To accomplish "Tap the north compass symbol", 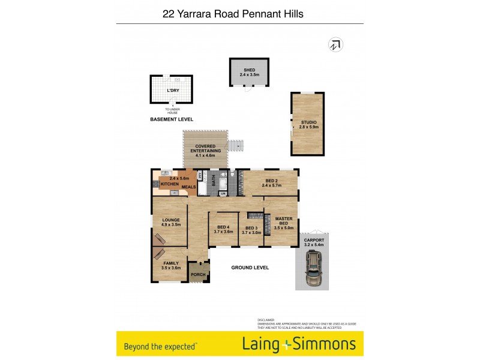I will point(335,44).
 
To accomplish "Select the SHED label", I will point(249,70).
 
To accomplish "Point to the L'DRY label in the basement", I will point(173,90).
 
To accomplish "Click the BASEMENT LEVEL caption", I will point(172,119).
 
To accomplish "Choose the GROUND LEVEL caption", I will point(250,267).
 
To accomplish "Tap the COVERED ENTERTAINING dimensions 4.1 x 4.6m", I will point(206,155).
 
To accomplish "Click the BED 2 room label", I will point(271,181).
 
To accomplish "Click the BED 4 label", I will point(223,227).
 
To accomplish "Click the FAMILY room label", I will point(170,263).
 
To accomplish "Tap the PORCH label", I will point(198,275).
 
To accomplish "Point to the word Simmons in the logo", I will point(325,344).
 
